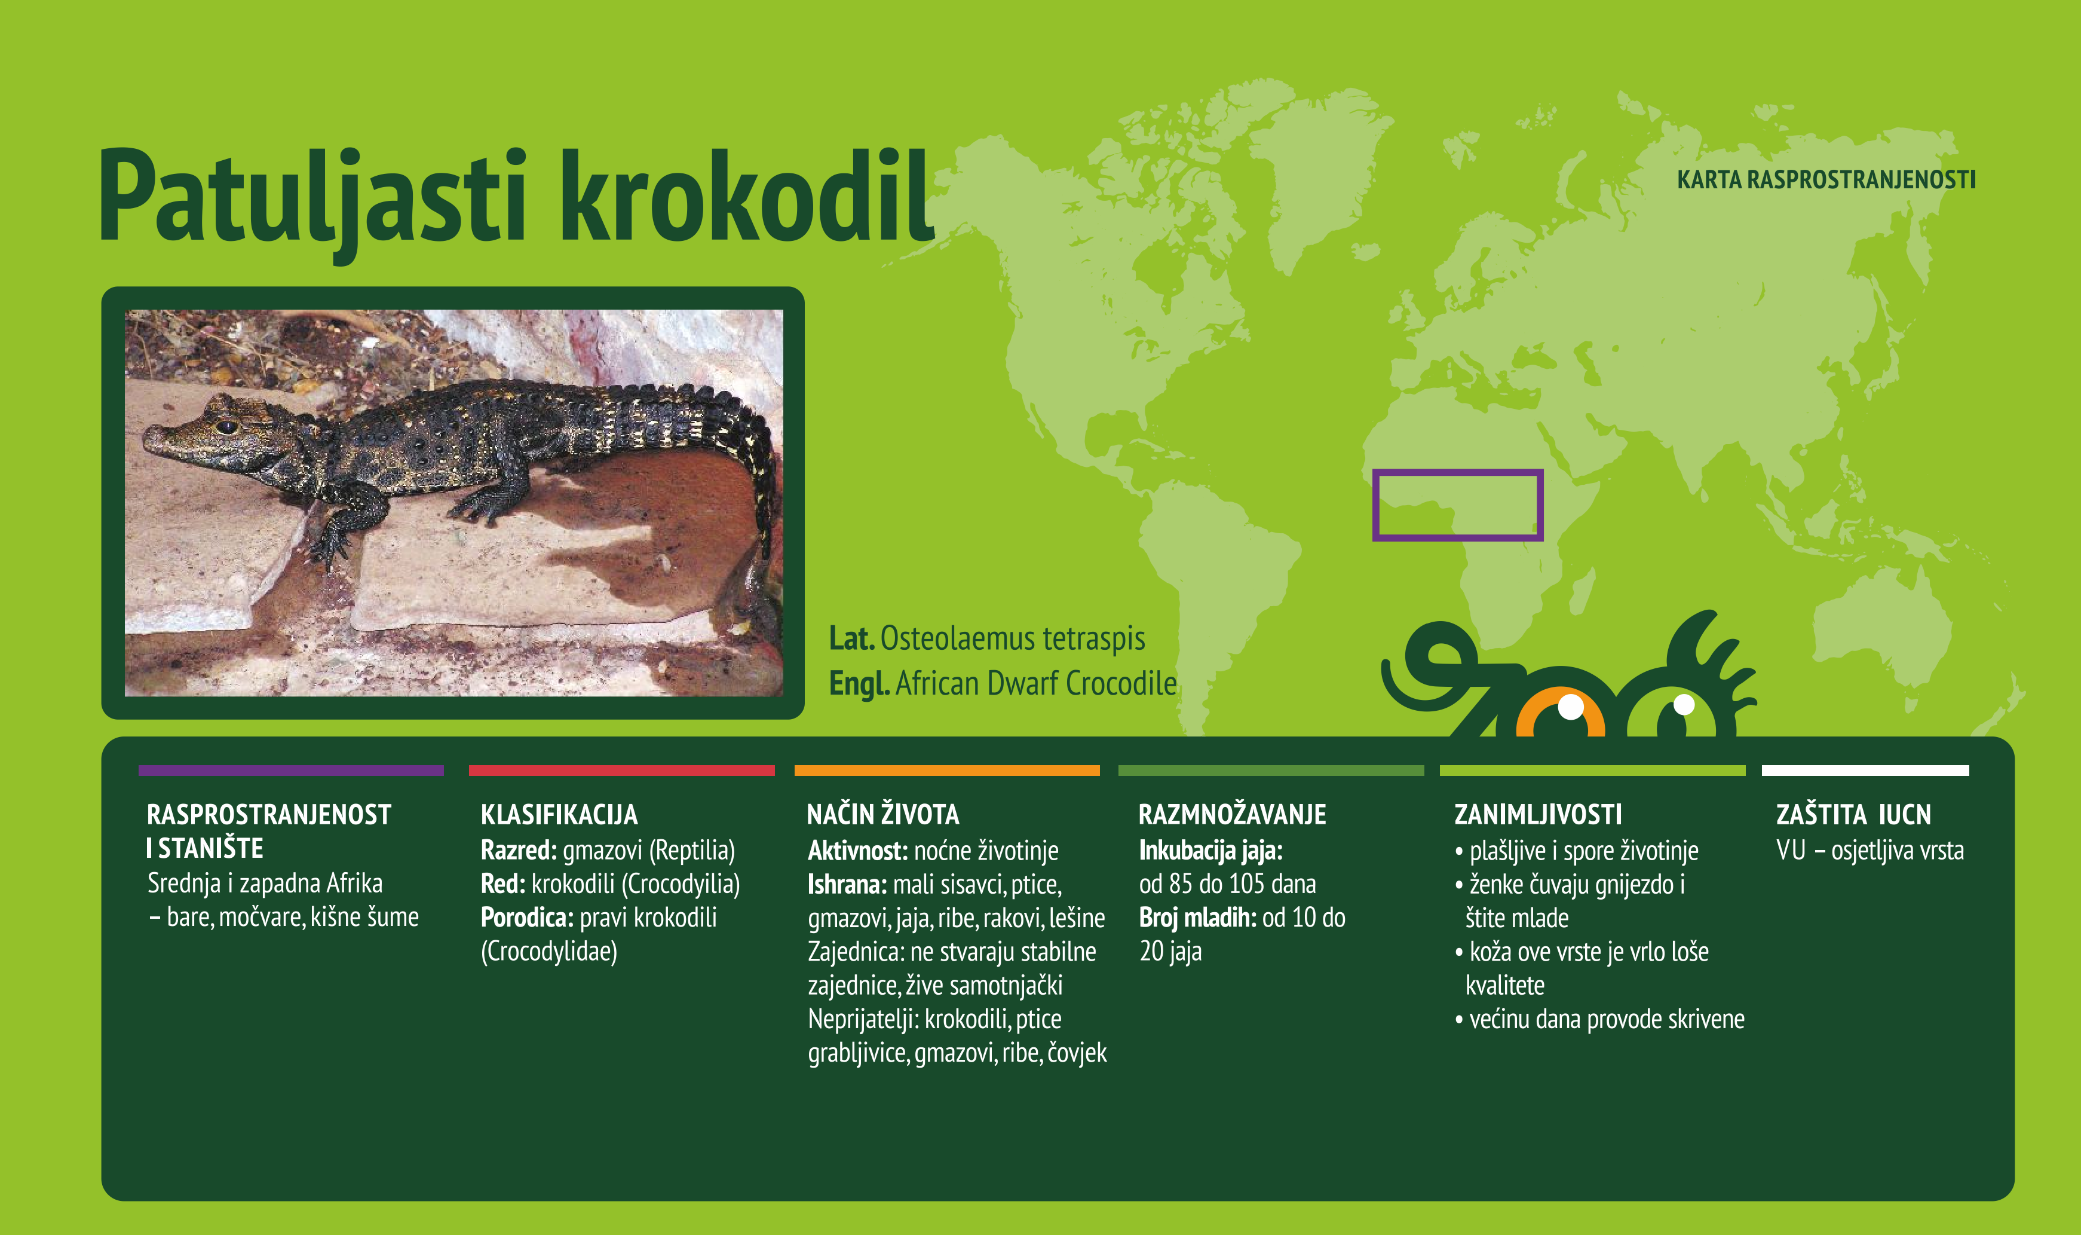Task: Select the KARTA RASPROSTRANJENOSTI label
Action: pyautogui.click(x=1826, y=180)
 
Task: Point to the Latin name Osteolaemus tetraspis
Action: pyautogui.click(x=1012, y=638)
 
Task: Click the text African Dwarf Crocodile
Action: pyautogui.click(x=1035, y=683)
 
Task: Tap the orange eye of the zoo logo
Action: pyautogui.click(x=1559, y=715)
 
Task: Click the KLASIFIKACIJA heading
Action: pyautogui.click(x=559, y=814)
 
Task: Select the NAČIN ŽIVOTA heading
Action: pyautogui.click(x=882, y=814)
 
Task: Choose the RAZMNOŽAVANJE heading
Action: pyautogui.click(x=1232, y=814)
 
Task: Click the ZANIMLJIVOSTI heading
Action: pyautogui.click(x=1538, y=814)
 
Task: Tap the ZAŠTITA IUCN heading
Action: pyautogui.click(x=1853, y=814)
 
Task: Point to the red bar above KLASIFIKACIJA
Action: pyautogui.click(x=621, y=771)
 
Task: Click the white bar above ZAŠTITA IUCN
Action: pyautogui.click(x=1865, y=771)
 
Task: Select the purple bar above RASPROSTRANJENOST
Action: pyautogui.click(x=291, y=771)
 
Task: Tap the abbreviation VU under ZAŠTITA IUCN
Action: pyautogui.click(x=1791, y=851)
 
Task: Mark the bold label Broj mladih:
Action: pyautogui.click(x=1197, y=917)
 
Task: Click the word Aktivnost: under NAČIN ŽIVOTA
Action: pyautogui.click(x=857, y=851)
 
